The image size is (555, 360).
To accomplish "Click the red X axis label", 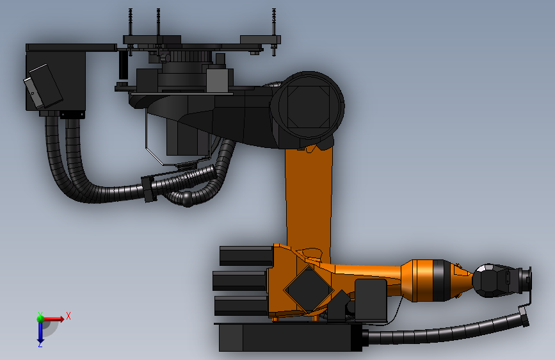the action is (x=68, y=316).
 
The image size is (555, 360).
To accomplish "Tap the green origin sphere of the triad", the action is (x=40, y=319).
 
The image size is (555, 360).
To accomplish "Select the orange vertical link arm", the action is (x=309, y=199).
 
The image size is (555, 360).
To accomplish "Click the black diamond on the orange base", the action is (x=309, y=290).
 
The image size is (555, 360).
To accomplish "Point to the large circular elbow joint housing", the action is (x=307, y=106).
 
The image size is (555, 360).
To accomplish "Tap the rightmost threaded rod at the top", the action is (x=273, y=32).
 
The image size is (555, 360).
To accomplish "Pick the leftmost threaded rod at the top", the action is (x=130, y=32).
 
